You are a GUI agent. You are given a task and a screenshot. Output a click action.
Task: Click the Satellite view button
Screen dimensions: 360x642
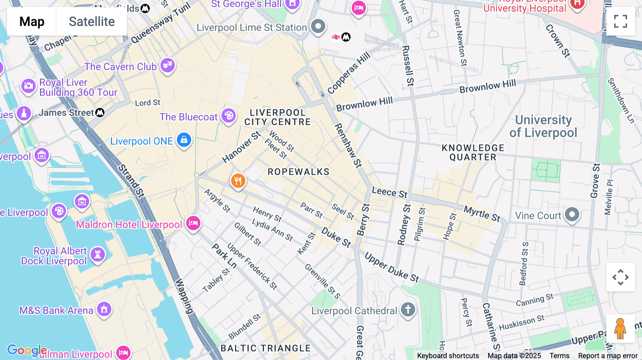point(92,21)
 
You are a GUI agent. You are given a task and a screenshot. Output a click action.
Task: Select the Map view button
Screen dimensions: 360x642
point(32,21)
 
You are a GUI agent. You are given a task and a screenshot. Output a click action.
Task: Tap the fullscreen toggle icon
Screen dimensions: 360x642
point(620,21)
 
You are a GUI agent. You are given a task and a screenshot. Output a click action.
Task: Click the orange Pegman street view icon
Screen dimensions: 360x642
point(620,329)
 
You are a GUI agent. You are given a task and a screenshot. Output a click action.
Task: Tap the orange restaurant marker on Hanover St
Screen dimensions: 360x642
point(238,181)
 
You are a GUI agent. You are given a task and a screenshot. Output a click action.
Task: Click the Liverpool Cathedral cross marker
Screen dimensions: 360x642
point(408,309)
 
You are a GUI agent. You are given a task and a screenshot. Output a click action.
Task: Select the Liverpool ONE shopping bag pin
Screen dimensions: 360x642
point(184,140)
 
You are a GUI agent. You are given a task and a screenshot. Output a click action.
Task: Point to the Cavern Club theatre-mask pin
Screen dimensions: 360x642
point(167,65)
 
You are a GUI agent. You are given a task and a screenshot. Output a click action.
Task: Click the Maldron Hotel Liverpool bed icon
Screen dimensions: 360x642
point(193,223)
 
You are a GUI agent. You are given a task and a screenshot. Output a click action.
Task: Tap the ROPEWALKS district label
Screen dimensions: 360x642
point(299,172)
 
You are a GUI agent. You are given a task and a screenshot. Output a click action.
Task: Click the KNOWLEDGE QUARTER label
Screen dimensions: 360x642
point(473,153)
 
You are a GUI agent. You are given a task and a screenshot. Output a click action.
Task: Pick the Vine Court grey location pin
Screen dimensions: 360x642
point(572,215)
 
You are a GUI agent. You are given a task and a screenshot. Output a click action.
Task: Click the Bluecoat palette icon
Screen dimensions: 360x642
point(229,116)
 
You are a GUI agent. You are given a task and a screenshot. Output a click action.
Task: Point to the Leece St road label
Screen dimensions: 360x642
point(389,192)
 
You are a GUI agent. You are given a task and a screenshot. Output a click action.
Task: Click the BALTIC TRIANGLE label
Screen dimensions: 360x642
point(265,348)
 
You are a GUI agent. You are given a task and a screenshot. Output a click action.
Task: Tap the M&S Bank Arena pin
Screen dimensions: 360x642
point(104,309)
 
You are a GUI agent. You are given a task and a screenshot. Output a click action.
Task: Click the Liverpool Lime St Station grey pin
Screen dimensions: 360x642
point(318,26)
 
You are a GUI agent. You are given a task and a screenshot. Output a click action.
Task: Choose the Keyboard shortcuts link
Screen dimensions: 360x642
point(448,356)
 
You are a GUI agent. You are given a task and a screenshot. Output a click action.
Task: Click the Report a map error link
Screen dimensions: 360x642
point(608,356)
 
